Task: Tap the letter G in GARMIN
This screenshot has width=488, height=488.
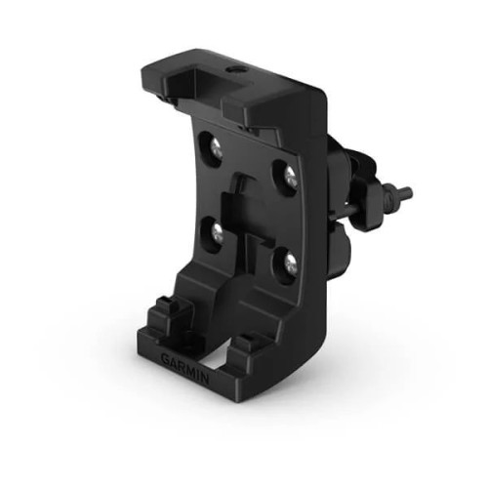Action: pyautogui.click(x=165, y=357)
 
